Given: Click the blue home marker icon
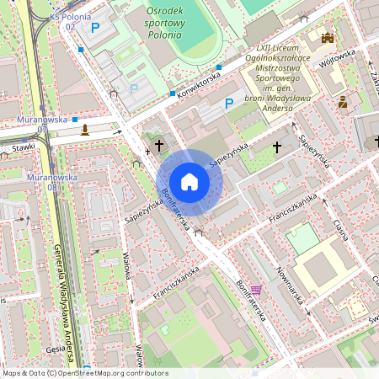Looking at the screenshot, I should (x=189, y=182).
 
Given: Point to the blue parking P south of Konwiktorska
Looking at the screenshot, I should (x=227, y=104).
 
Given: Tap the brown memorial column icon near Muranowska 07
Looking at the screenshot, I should (x=84, y=129).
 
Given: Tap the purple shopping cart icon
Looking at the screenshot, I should (x=255, y=290).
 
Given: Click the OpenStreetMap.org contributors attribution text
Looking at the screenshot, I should (x=109, y=373).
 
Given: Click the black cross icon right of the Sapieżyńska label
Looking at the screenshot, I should (x=277, y=147).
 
